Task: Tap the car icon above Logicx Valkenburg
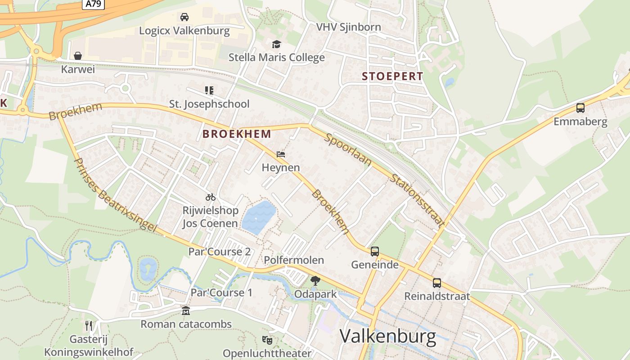point(184,17)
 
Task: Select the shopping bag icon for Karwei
point(78,56)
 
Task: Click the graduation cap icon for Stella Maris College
point(276,44)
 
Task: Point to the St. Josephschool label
point(209,104)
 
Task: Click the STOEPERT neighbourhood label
point(392,76)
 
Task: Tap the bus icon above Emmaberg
point(580,108)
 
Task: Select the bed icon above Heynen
point(281,154)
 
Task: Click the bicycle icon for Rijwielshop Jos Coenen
point(210,197)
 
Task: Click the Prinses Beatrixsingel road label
point(115,195)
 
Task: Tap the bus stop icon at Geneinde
point(375,252)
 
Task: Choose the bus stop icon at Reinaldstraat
point(437,283)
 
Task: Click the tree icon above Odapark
point(315,281)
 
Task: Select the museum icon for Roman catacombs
point(185,311)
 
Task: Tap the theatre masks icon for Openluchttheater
point(267,340)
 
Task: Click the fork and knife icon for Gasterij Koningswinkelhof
point(89,325)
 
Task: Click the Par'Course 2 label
point(219,252)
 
